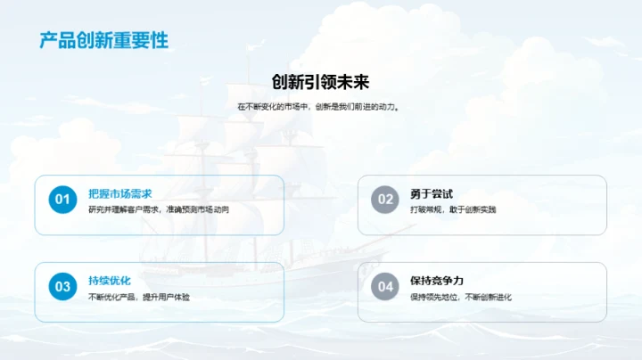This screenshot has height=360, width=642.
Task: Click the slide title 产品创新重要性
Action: tap(104, 40)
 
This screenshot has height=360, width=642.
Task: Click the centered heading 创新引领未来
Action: tap(320, 82)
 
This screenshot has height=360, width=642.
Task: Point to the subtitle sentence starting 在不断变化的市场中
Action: tap(320, 107)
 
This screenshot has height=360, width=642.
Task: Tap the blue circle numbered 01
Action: tap(62, 200)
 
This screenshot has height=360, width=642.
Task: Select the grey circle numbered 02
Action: tap(384, 200)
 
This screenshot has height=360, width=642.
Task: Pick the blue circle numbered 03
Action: tap(62, 287)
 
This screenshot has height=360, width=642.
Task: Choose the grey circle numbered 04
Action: tap(384, 287)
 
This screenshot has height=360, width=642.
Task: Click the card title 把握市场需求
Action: tap(119, 193)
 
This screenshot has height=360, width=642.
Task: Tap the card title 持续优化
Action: tap(109, 281)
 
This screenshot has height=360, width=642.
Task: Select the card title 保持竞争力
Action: tap(437, 281)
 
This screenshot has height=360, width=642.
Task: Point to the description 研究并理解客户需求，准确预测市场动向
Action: tap(159, 210)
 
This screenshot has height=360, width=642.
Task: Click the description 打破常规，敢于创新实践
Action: tap(453, 210)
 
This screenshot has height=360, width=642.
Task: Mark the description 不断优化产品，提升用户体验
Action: tap(138, 298)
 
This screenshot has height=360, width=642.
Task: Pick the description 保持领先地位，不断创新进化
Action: tap(461, 298)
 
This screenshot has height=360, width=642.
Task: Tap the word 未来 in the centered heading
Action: tap(353, 82)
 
